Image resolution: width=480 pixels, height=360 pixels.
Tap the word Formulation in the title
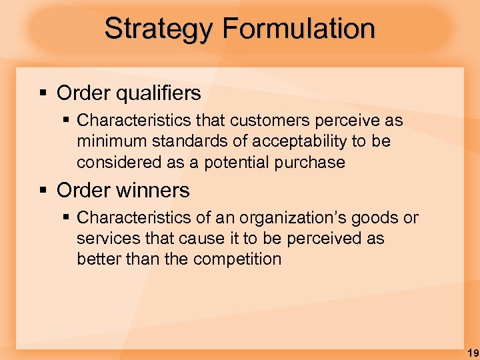(299, 29)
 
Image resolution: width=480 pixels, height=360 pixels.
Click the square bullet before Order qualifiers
(43, 93)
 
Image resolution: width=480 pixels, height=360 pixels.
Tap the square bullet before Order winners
(43, 191)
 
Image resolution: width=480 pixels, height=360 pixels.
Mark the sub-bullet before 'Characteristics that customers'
(65, 121)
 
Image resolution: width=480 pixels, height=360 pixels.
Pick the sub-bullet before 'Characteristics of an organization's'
(65, 218)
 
